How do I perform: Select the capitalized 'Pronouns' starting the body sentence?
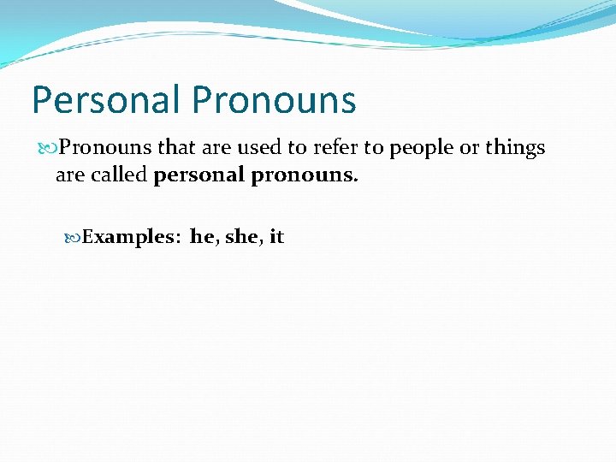(105, 148)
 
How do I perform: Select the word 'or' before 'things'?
(469, 148)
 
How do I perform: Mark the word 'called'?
(119, 176)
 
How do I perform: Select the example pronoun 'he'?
(203, 237)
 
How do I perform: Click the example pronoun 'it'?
(276, 237)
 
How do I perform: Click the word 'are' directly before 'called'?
(71, 176)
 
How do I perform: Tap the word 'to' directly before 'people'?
(374, 148)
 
